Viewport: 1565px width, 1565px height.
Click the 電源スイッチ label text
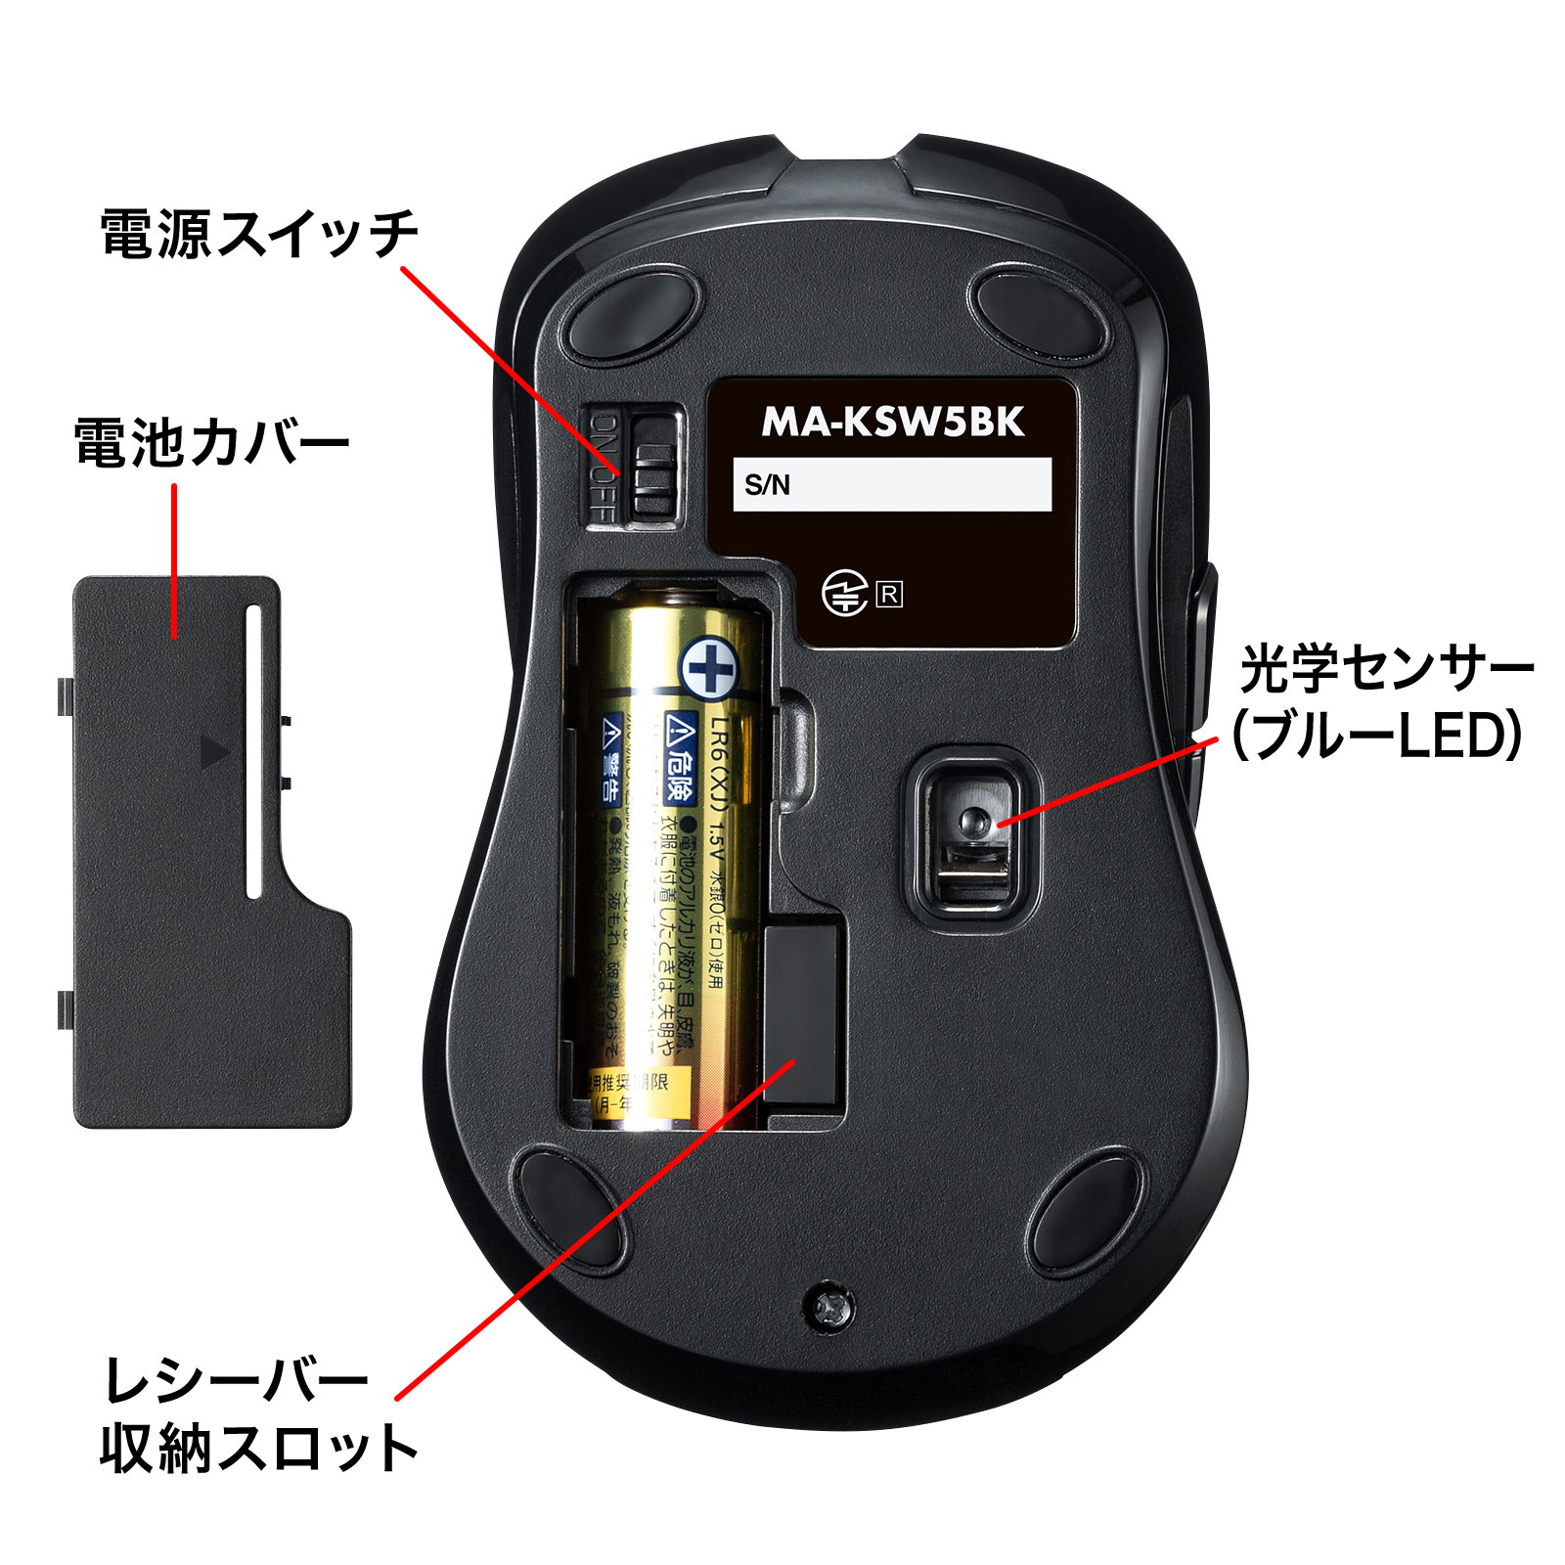[x=259, y=234]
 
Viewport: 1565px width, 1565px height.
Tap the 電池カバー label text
[x=211, y=443]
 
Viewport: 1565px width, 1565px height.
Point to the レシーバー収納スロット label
[x=259, y=1414]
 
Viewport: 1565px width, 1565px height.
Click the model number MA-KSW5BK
[x=892, y=422]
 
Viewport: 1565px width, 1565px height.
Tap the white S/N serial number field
[x=892, y=484]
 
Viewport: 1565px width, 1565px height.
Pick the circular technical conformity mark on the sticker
[x=844, y=594]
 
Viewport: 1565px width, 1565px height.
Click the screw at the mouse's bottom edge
[x=829, y=1305]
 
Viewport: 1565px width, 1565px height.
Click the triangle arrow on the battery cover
[x=214, y=751]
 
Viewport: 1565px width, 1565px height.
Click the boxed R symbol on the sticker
[x=889, y=594]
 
